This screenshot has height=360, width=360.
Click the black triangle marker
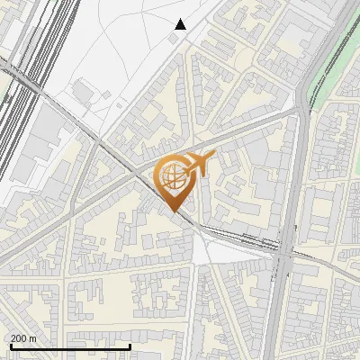(181, 24)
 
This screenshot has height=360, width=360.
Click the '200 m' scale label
(23, 338)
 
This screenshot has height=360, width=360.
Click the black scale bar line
(70, 346)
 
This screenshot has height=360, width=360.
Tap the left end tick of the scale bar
(10, 346)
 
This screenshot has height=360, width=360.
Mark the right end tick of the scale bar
(130, 346)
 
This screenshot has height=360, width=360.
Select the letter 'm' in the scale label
(32, 338)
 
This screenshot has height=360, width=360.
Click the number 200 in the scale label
(19, 338)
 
